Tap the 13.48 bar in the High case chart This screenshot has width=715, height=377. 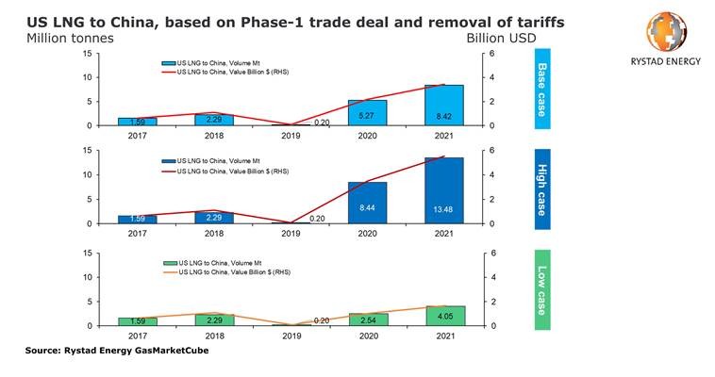(444, 190)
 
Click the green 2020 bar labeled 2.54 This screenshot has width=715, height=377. (367, 320)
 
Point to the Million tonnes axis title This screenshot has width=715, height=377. (61, 38)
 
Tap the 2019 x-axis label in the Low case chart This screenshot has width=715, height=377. (291, 335)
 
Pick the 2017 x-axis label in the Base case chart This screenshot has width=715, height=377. (138, 135)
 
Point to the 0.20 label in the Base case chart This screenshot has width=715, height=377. (323, 122)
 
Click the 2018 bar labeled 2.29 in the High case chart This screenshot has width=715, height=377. (214, 218)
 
